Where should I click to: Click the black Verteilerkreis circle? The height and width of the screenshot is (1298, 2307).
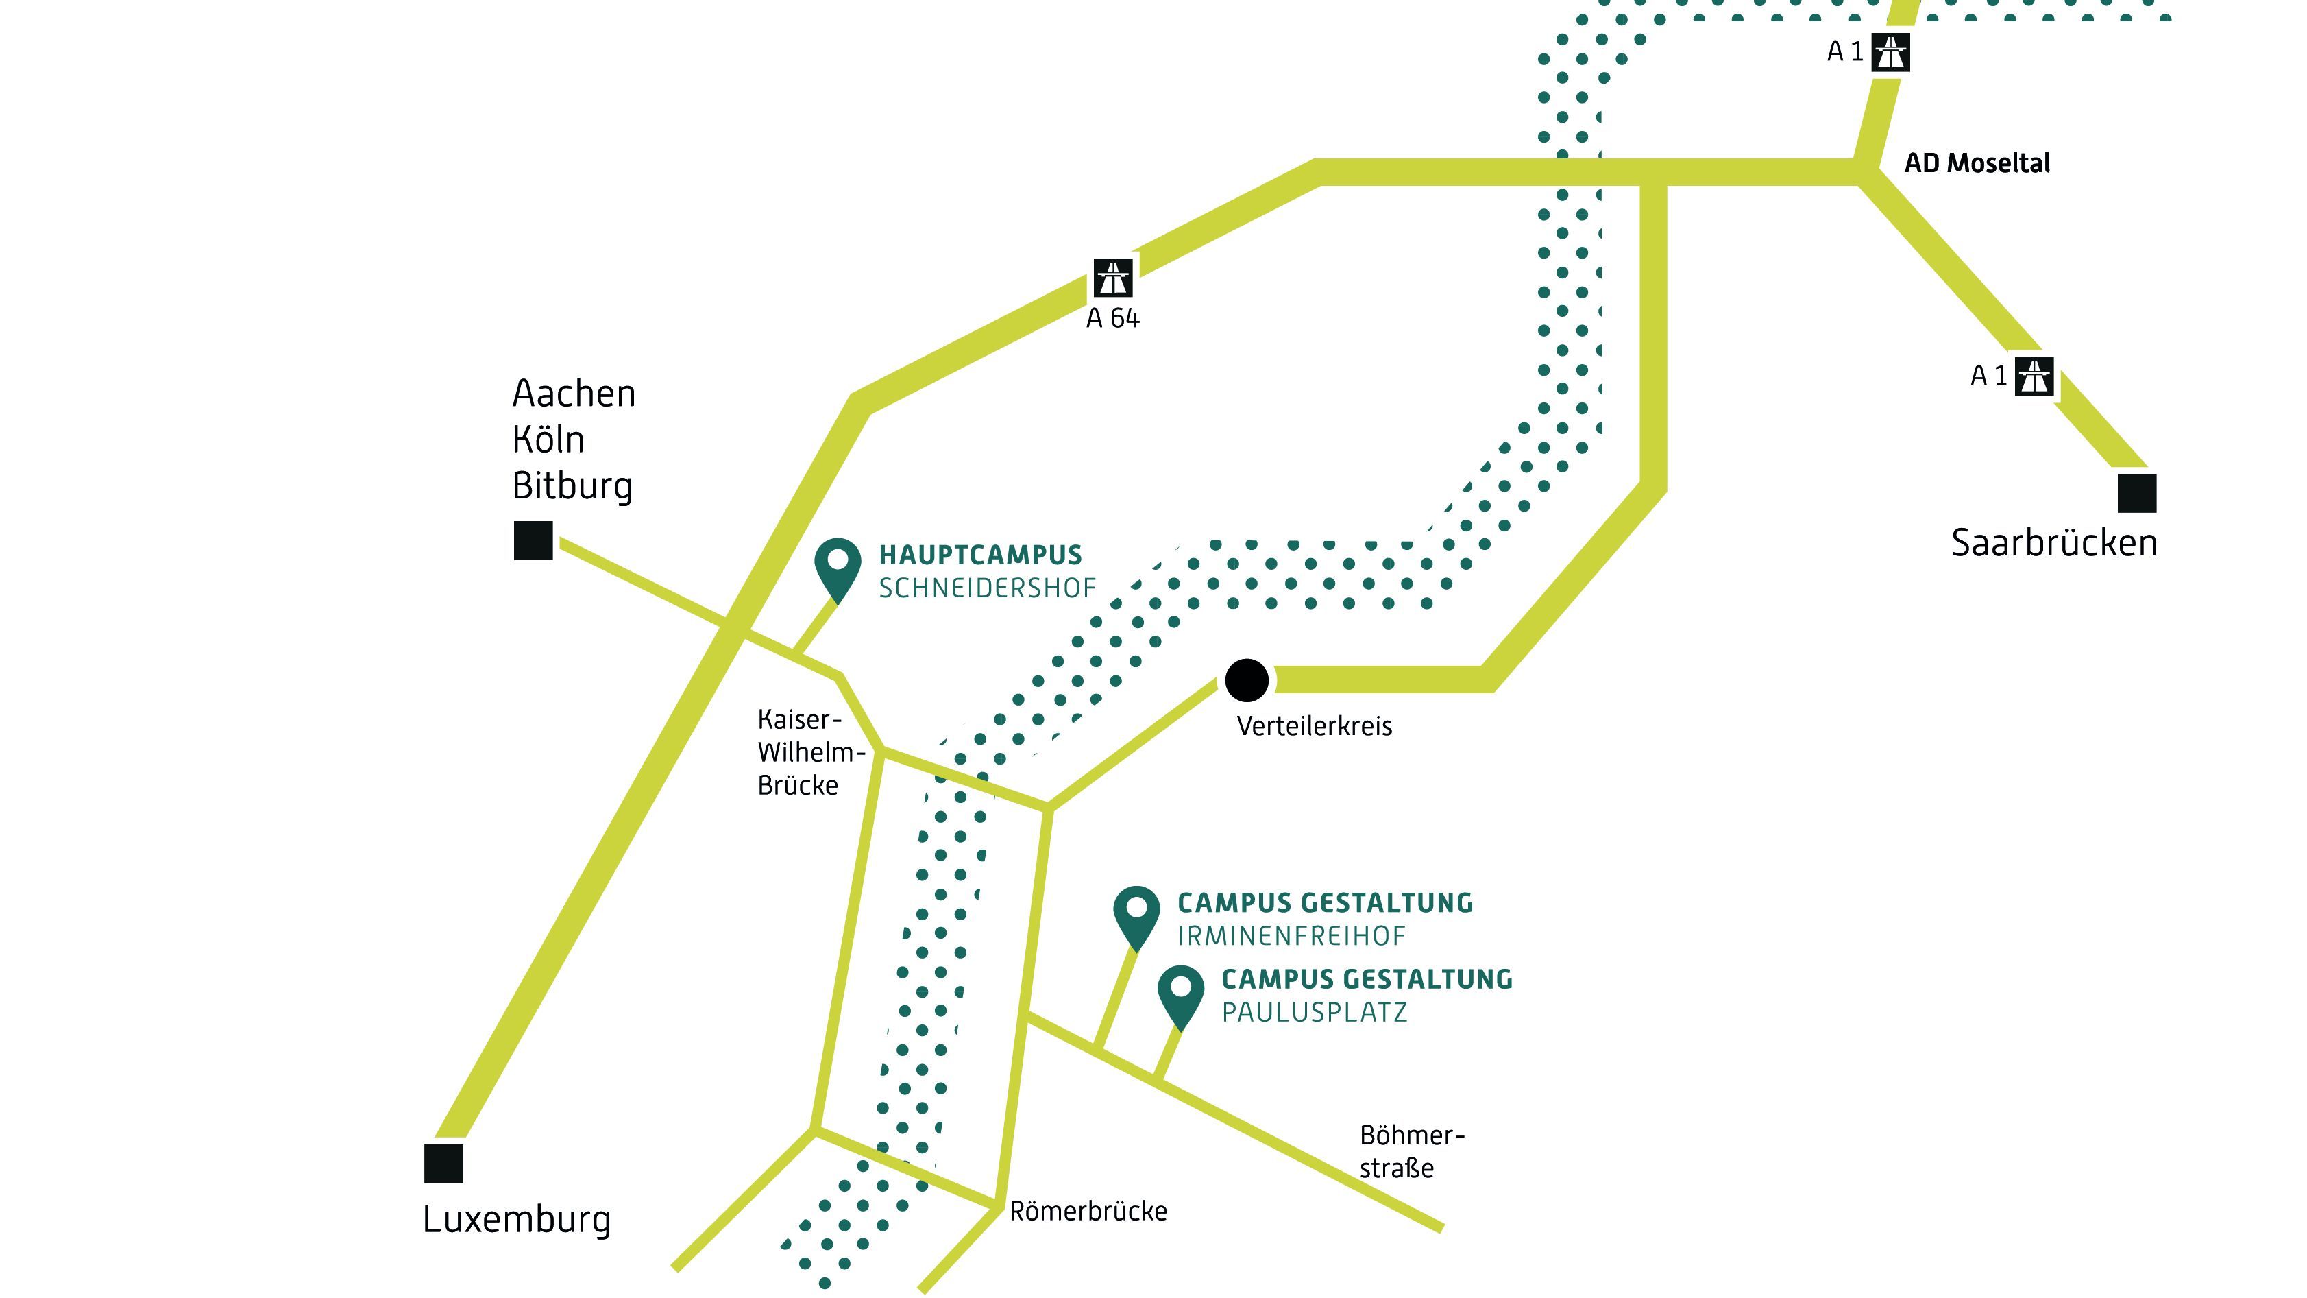[x=1246, y=680]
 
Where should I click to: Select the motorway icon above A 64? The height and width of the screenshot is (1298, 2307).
[x=1112, y=278]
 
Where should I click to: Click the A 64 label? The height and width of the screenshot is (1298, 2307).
[x=1112, y=319]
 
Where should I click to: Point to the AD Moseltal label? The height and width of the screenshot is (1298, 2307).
[x=1976, y=163]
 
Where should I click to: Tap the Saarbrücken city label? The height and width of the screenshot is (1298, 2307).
[x=2053, y=544]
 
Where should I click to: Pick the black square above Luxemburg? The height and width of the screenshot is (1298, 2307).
[x=443, y=1163]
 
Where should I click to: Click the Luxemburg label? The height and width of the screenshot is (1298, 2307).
[x=517, y=1220]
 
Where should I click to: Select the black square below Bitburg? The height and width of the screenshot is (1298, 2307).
[x=533, y=540]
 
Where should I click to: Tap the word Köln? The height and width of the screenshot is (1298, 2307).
[x=548, y=440]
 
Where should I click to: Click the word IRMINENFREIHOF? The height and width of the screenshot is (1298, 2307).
[x=1291, y=936]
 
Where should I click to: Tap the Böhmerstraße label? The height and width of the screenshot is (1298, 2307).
[x=1411, y=1152]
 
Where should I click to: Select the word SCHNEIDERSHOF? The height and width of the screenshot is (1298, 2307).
[x=987, y=588]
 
